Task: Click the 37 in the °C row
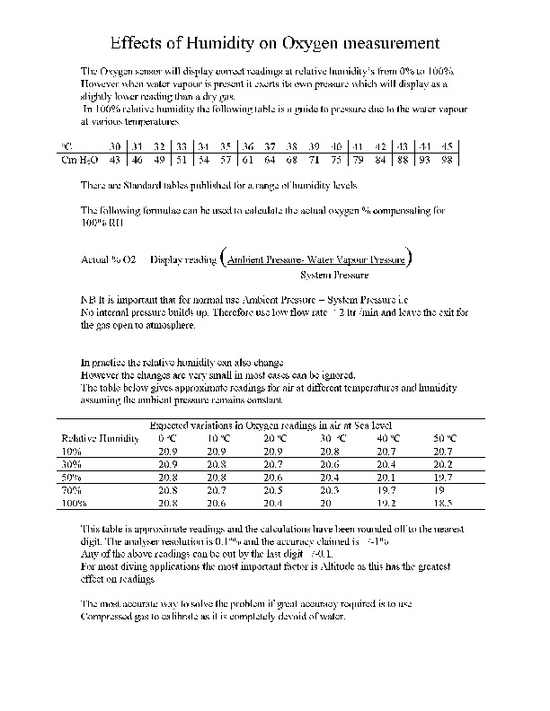[269, 145]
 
